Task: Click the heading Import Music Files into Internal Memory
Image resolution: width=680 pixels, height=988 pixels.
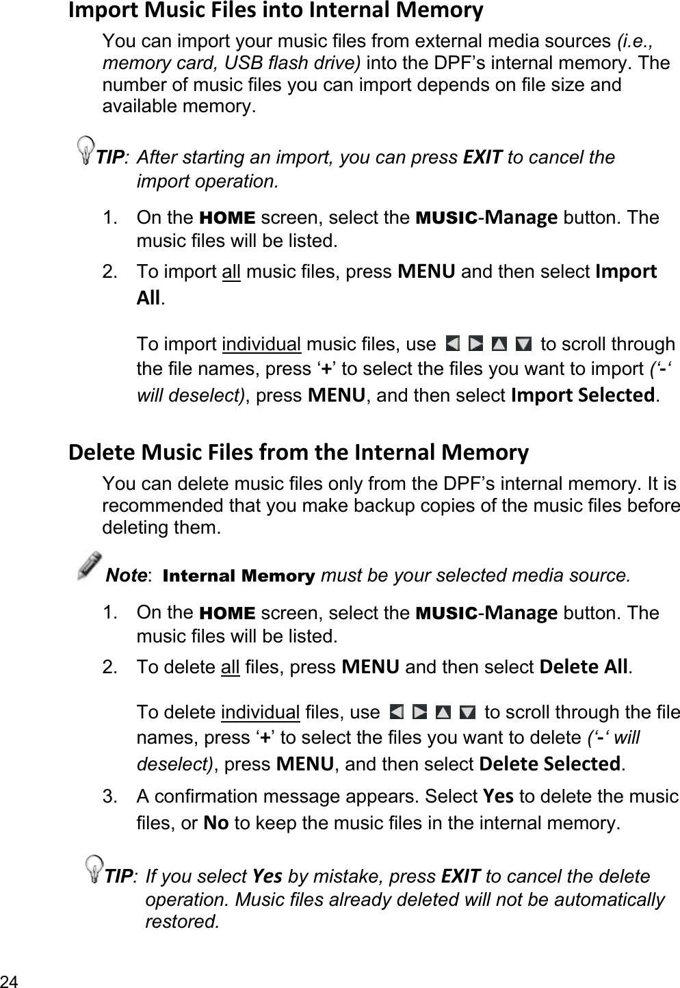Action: point(276,11)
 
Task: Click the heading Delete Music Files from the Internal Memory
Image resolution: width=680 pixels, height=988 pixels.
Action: point(298,452)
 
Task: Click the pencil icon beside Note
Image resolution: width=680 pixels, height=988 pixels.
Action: point(90,566)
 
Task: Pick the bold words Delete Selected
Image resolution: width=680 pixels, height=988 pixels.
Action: point(551,763)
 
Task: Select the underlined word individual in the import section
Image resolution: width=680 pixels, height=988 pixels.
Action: point(262,343)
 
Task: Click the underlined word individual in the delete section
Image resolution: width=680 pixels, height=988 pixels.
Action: point(261,713)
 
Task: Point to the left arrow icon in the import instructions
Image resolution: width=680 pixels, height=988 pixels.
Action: point(452,343)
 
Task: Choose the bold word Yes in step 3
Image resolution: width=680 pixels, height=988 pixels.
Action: point(498,797)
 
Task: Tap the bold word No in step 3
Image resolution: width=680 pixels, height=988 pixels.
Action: point(216,822)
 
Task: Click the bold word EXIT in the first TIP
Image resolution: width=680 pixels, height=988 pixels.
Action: point(483,157)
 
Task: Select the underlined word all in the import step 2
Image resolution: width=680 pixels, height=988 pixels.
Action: point(231,272)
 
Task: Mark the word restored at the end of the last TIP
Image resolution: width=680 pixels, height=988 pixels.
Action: point(182,922)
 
